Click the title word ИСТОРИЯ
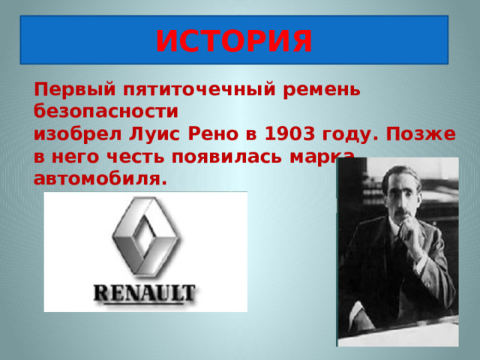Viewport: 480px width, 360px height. [233, 40]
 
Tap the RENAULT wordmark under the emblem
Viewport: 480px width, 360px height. [145, 292]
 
